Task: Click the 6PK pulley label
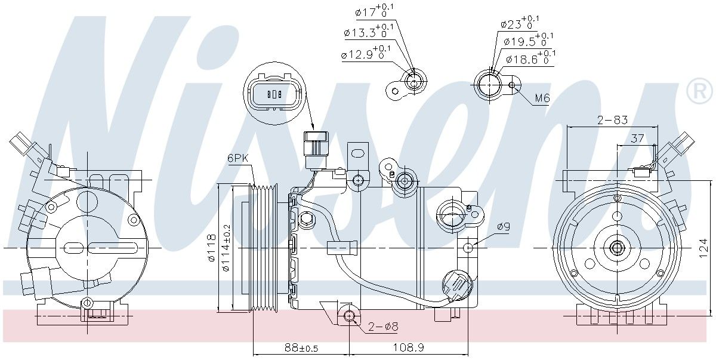(x=238, y=158)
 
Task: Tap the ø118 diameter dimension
(x=212, y=248)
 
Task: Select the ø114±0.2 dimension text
(x=226, y=248)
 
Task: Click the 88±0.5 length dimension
(x=301, y=347)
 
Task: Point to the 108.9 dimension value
(x=408, y=347)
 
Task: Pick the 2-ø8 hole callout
(x=383, y=327)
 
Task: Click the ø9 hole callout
(x=504, y=227)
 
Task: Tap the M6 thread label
(x=542, y=98)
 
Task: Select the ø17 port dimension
(x=374, y=11)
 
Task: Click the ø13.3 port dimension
(x=369, y=30)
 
